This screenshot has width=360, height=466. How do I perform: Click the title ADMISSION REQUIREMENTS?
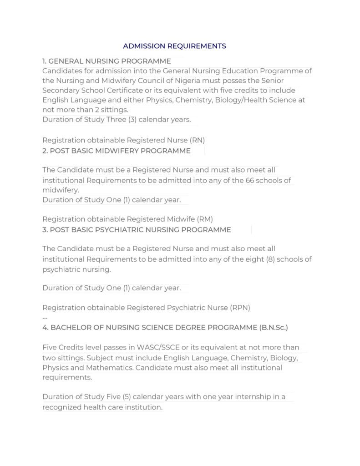pyautogui.click(x=174, y=46)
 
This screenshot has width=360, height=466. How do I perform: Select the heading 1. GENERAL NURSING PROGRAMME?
pyautogui.click(x=106, y=61)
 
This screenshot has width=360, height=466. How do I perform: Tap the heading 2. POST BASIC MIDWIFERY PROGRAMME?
pyautogui.click(x=116, y=151)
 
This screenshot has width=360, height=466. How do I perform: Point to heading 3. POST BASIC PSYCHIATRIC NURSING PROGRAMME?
pyautogui.click(x=137, y=230)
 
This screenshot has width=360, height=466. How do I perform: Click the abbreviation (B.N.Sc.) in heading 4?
pyautogui.click(x=273, y=328)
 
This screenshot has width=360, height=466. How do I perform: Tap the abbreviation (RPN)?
pyautogui.click(x=241, y=308)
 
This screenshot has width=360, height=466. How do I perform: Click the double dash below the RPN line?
pyautogui.click(x=45, y=318)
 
